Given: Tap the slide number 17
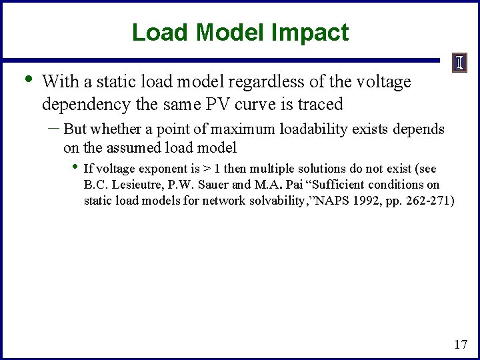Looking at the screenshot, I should [460, 344].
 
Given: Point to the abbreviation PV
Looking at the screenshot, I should [213, 104].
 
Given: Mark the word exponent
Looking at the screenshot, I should [161, 169].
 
